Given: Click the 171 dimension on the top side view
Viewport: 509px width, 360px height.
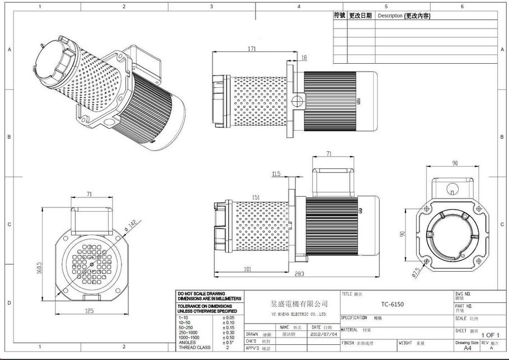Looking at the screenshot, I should click(x=252, y=49).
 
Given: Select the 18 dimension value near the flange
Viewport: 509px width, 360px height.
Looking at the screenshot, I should click(x=304, y=58).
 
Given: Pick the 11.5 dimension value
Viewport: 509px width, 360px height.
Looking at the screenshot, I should click(x=276, y=174).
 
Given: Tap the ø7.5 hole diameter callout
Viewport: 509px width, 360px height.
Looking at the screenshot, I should click(x=416, y=272).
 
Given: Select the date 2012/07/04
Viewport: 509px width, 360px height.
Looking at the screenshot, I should click(x=324, y=334).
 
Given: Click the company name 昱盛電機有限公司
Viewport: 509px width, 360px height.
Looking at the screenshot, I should click(x=299, y=304).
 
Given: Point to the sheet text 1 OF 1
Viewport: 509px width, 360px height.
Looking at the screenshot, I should click(x=491, y=335).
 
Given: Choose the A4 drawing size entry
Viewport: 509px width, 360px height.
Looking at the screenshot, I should click(x=467, y=348).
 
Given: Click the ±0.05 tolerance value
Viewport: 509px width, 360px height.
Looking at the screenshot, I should click(x=228, y=318).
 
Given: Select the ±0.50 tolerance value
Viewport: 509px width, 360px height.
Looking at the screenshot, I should click(x=228, y=338).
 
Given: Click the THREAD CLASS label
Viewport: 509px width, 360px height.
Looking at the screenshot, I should click(x=194, y=348).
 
